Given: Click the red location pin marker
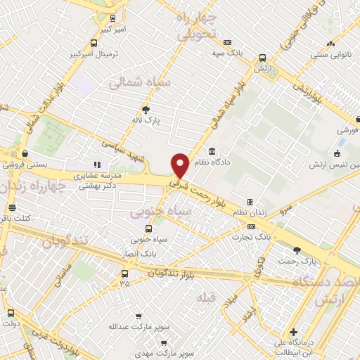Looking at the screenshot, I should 180,165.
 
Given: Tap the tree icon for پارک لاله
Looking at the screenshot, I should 146,109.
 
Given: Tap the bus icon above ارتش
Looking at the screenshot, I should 262,58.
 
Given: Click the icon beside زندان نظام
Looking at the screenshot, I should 250,202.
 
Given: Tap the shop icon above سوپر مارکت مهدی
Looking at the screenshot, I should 163,343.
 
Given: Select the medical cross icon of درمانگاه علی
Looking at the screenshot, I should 292,332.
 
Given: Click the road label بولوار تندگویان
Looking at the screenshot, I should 173,272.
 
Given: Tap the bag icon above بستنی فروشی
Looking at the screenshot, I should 25,153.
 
